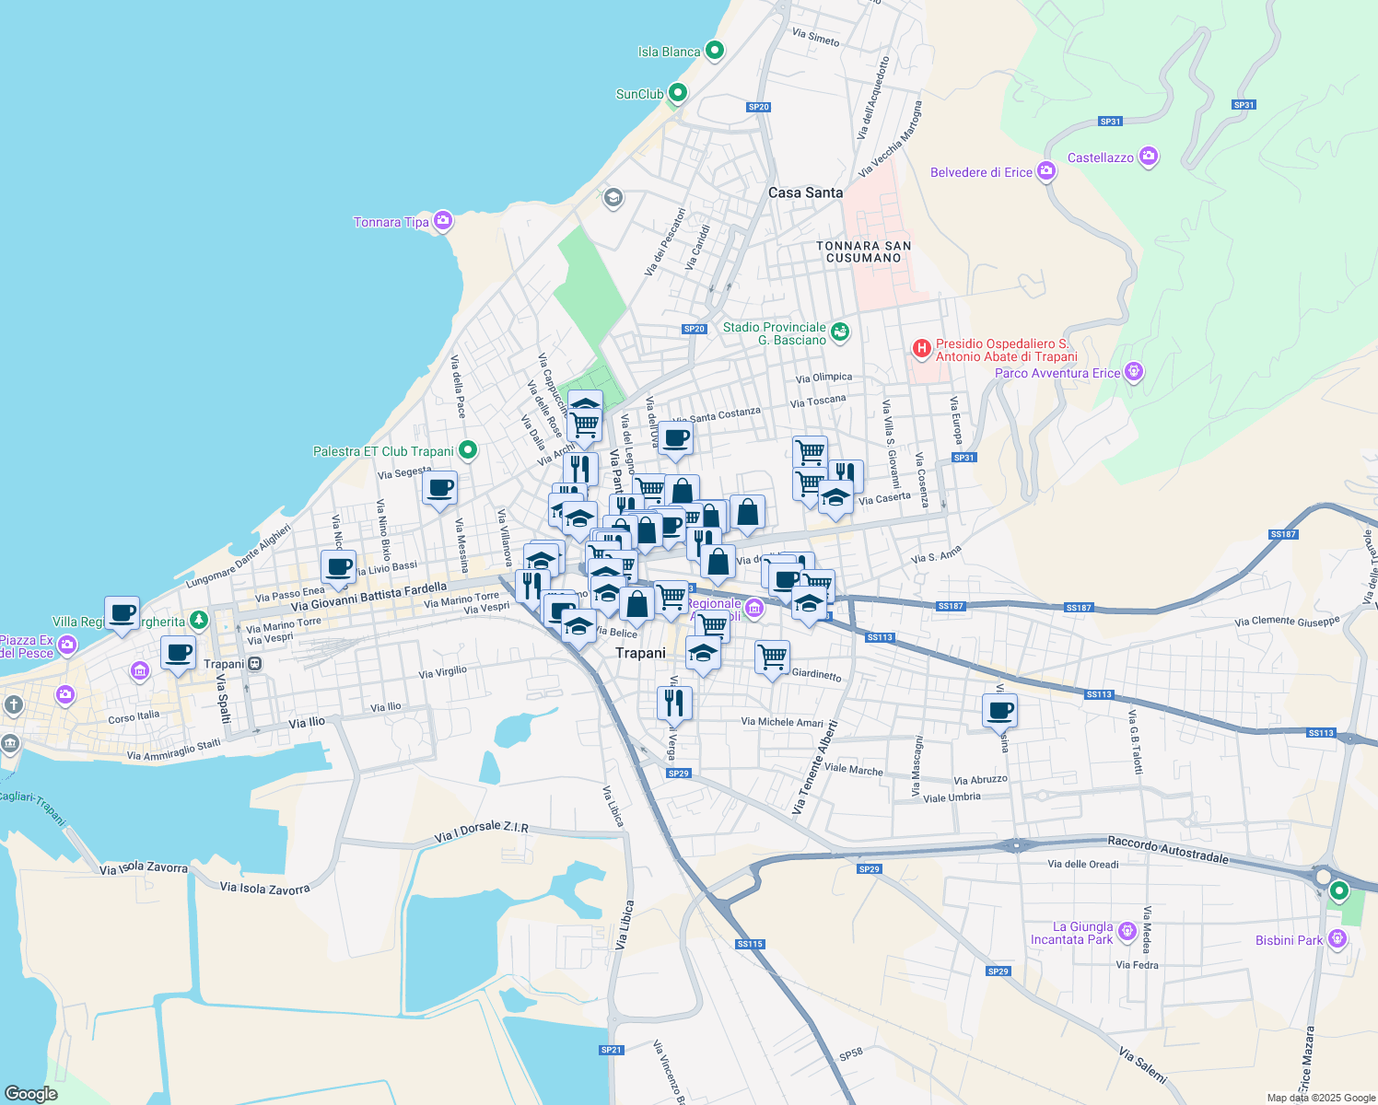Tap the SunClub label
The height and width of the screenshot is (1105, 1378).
pyautogui.click(x=639, y=94)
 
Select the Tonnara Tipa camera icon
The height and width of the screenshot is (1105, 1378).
pyautogui.click(x=443, y=221)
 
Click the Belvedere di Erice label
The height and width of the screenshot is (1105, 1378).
pyautogui.click(x=981, y=172)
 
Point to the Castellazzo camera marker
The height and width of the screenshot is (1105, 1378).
pyautogui.click(x=1148, y=157)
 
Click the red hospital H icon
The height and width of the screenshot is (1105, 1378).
pyautogui.click(x=920, y=348)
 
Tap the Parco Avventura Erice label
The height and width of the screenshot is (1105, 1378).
pyautogui.click(x=1057, y=373)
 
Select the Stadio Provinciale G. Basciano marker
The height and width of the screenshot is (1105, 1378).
pyautogui.click(x=839, y=331)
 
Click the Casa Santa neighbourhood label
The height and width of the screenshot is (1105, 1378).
pyautogui.click(x=805, y=192)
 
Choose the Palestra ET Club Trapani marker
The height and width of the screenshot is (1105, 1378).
pyautogui.click(x=468, y=450)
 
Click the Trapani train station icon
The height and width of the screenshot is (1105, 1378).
pyautogui.click(x=255, y=664)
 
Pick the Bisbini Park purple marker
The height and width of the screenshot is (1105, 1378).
pyautogui.click(x=1337, y=939)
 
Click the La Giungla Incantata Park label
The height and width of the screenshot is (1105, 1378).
pyautogui.click(x=1071, y=934)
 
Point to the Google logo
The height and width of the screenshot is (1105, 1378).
pyautogui.click(x=31, y=1093)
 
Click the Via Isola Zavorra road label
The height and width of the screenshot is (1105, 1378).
pyautogui.click(x=265, y=888)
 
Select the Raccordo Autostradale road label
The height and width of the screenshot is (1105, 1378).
pyautogui.click(x=1167, y=850)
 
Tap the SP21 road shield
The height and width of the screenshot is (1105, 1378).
pyautogui.click(x=611, y=1050)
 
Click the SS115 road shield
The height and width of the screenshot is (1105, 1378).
pyautogui.click(x=750, y=944)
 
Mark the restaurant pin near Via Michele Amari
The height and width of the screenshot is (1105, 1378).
pyautogui.click(x=674, y=703)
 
